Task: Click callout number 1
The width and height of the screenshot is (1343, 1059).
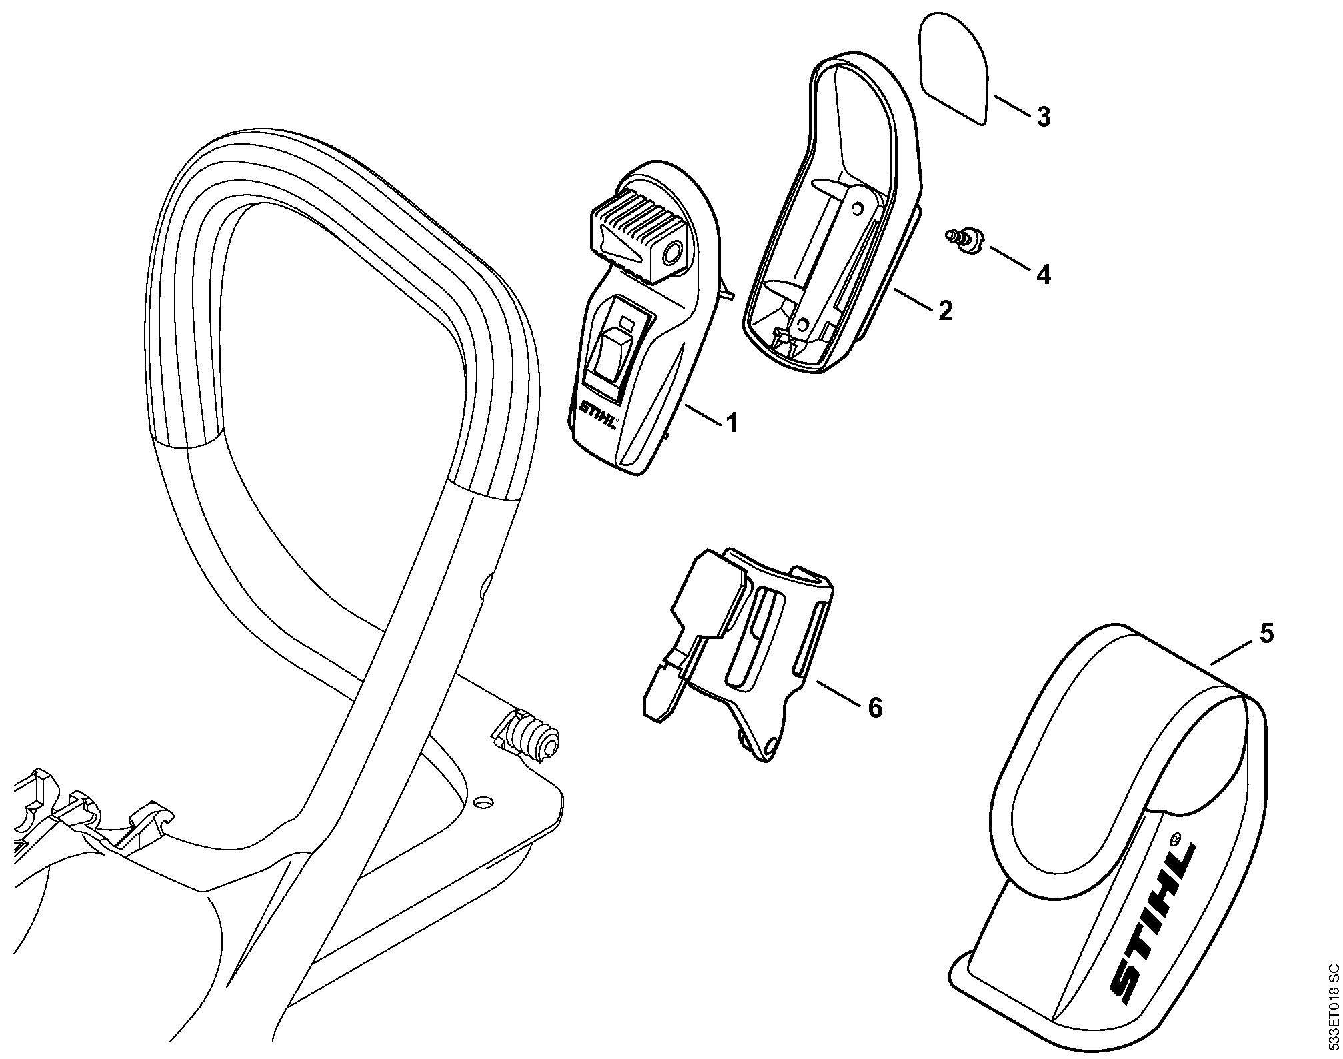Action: (x=732, y=423)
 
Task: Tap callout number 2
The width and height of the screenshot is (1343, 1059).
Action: (x=945, y=310)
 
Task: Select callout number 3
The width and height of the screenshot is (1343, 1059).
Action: (x=1044, y=117)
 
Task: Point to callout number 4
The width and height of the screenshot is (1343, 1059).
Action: (x=1044, y=274)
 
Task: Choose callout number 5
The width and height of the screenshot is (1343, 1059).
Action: (x=1266, y=633)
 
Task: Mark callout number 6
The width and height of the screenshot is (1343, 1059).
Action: (x=874, y=707)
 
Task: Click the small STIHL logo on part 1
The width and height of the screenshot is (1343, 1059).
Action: (x=599, y=417)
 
